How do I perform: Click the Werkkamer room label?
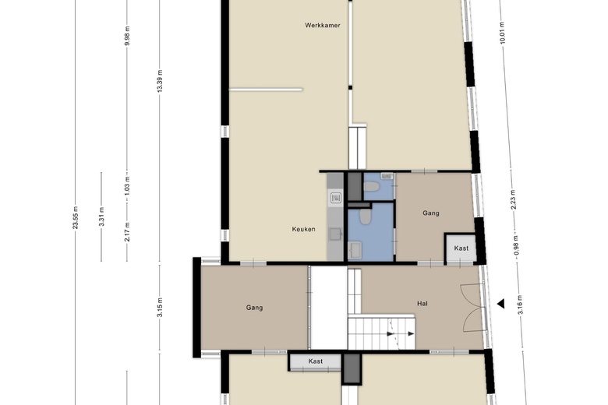(x=322, y=26)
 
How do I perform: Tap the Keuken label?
(x=303, y=229)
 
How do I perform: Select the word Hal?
(x=422, y=304)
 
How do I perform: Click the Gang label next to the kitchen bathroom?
(x=431, y=213)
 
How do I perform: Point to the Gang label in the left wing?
(x=254, y=308)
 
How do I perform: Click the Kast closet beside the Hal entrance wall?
(x=461, y=248)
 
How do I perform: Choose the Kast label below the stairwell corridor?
(x=315, y=361)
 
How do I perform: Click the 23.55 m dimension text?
(x=76, y=217)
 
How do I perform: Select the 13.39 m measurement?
(x=160, y=81)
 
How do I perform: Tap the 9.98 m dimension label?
(x=127, y=36)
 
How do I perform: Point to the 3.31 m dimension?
(x=101, y=217)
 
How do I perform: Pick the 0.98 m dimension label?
(x=516, y=245)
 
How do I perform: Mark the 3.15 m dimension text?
(x=160, y=308)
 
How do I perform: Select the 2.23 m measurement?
(x=513, y=200)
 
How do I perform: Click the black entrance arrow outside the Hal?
(x=501, y=304)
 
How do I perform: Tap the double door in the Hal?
(x=473, y=308)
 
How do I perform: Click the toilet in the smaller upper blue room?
(x=373, y=187)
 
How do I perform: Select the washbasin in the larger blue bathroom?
(x=355, y=249)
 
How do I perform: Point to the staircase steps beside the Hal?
(x=381, y=333)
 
